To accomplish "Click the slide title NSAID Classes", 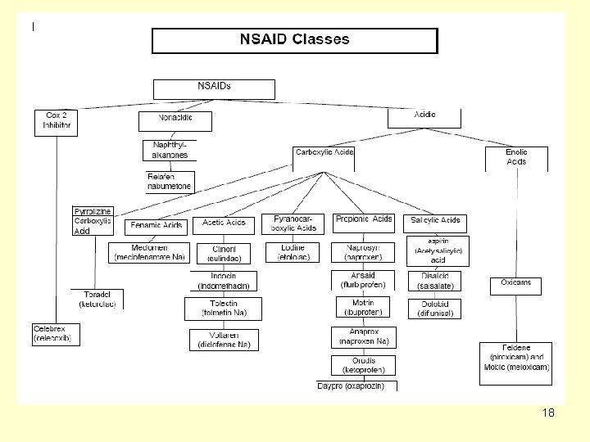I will coord(294,39).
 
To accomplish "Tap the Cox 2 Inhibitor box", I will coord(58,121).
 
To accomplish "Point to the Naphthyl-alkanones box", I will coord(170,150).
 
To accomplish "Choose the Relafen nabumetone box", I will coord(170,182).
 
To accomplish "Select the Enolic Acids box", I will coord(516,157).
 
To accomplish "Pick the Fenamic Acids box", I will coord(156,226).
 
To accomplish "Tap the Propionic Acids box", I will coord(364,221).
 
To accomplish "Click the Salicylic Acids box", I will coord(435,221).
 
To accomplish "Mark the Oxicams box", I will coord(516,284).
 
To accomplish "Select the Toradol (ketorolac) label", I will coord(98,300).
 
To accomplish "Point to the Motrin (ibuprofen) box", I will coord(363,307).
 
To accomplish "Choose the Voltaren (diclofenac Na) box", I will coord(224,340).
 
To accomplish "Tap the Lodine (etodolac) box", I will coord(293,252).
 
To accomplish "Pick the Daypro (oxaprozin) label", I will coord(356,386).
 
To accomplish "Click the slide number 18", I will coord(548,413).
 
